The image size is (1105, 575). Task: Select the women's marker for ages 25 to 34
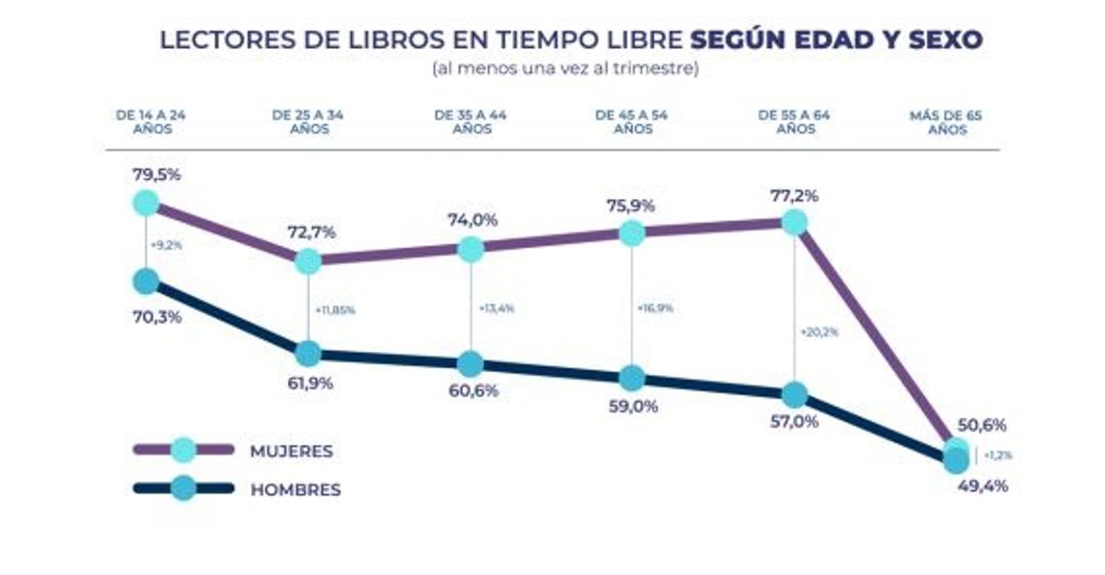pyautogui.click(x=308, y=261)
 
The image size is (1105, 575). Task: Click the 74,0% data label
pyautogui.click(x=472, y=220)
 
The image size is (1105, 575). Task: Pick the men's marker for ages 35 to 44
pyautogui.click(x=470, y=364)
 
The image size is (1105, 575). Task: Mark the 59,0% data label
pyautogui.click(x=633, y=405)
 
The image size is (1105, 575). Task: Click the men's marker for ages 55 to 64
pyautogui.click(x=794, y=395)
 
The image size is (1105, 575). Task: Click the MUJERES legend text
pyautogui.click(x=291, y=452)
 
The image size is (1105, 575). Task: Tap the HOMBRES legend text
pyautogui.click(x=296, y=490)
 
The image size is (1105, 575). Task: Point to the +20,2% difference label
pyautogui.click(x=820, y=331)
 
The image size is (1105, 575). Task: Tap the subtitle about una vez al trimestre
pyautogui.click(x=565, y=69)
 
